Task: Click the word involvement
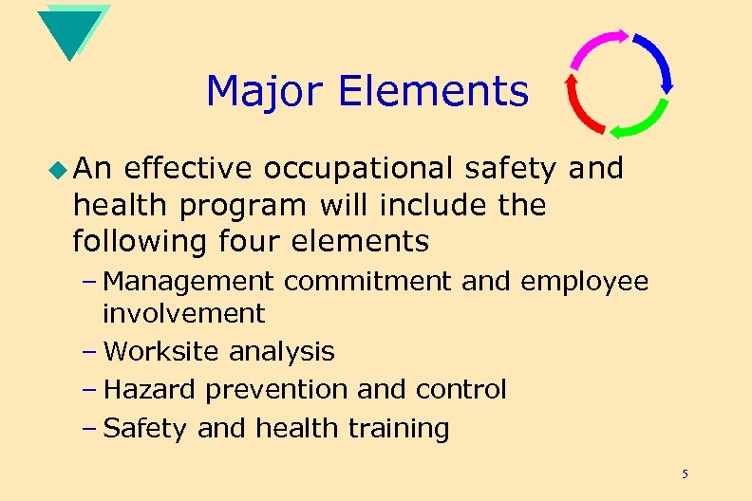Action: (183, 312)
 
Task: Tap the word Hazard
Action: (150, 389)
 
